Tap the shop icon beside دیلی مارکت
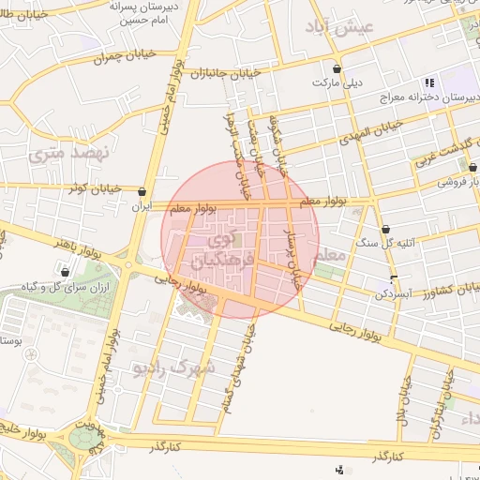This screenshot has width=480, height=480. tap(337, 68)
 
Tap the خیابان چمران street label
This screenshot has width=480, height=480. tap(121, 59)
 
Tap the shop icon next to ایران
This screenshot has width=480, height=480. tap(142, 189)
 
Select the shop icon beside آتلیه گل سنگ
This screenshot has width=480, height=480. tap(386, 228)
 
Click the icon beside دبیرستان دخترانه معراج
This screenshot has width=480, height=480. tap(429, 82)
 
